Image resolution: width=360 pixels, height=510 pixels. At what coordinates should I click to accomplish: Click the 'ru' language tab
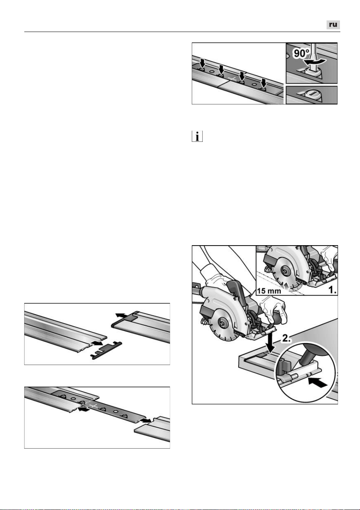[x=333, y=25]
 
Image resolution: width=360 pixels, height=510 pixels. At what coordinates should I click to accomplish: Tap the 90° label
[x=302, y=54]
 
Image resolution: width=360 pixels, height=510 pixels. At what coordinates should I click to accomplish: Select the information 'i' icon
[x=197, y=136]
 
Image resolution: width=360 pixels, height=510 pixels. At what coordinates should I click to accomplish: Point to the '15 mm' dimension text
[x=269, y=291]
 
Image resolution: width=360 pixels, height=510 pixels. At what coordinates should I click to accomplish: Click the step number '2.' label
[x=286, y=338]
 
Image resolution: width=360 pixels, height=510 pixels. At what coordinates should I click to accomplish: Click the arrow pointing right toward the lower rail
[x=145, y=421]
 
